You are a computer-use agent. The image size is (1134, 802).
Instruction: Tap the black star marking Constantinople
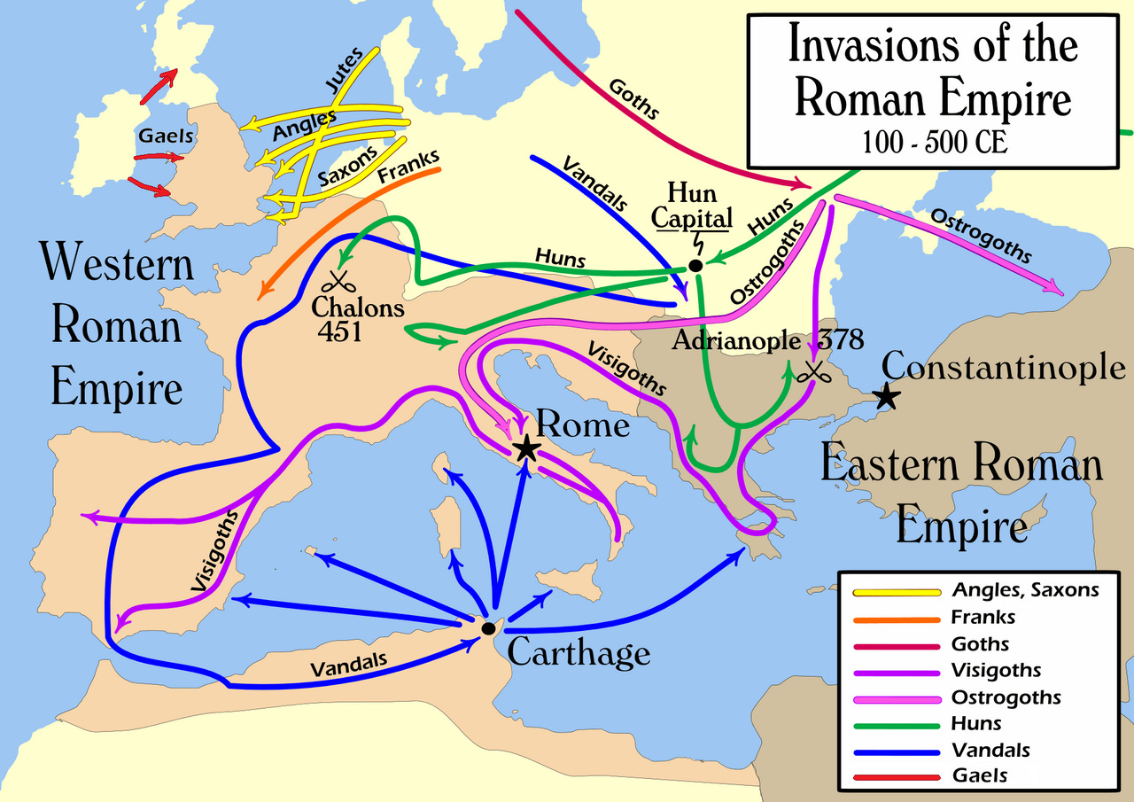tap(887, 398)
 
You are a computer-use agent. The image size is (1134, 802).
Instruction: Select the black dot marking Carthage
tap(488, 628)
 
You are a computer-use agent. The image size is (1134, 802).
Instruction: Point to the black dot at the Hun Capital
tap(695, 266)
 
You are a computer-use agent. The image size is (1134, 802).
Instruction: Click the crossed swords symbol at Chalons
tap(338, 283)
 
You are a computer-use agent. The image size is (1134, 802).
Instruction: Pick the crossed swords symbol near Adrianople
tap(809, 373)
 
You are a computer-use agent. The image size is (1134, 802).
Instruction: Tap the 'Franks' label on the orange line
tap(408, 169)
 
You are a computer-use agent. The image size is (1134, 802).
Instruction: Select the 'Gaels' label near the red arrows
tap(166, 136)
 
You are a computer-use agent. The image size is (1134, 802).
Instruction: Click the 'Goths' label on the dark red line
tap(634, 98)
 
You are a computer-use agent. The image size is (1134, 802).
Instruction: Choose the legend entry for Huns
tap(976, 723)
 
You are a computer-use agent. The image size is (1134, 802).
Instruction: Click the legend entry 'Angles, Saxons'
tap(1025, 590)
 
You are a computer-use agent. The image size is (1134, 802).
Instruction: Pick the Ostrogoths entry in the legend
tap(1006, 697)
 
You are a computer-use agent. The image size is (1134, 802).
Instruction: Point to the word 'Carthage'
tap(579, 654)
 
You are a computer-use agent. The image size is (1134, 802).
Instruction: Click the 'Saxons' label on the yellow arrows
tap(347, 164)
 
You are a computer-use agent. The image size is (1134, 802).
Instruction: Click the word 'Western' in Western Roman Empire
tap(117, 263)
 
